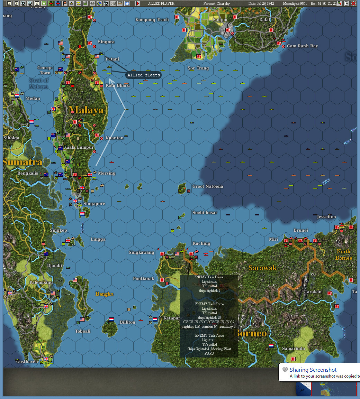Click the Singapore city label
[94, 204]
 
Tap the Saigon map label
[220, 20]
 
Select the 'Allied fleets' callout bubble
[143, 75]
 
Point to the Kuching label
[201, 243]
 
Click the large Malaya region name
[87, 110]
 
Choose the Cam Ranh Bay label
[302, 46]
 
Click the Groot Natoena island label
[208, 186]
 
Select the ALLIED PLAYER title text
[161, 3]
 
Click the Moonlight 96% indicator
[295, 3]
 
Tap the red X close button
[353, 3]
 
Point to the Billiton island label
[127, 322]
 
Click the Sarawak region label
[262, 268]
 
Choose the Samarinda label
[293, 349]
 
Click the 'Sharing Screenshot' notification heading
[313, 370]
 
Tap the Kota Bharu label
[118, 85]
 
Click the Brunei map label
[300, 230]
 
